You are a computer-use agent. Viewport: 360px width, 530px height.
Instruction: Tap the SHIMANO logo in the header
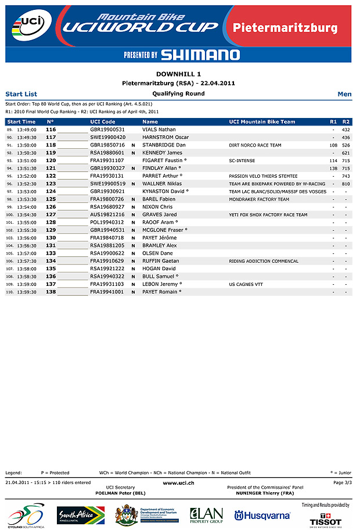(200, 55)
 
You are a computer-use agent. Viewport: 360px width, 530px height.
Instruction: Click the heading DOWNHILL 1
(179, 74)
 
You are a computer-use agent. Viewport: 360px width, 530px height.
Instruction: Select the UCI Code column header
(103, 122)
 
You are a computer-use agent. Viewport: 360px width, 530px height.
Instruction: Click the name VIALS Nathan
(159, 130)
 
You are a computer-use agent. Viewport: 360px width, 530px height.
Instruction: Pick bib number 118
(51, 145)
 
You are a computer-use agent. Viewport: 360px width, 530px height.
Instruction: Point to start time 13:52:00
(27, 176)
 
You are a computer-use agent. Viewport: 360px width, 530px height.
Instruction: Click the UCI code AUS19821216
(107, 215)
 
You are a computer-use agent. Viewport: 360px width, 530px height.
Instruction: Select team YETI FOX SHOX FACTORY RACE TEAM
(268, 215)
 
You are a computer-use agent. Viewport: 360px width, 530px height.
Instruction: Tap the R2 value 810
(346, 184)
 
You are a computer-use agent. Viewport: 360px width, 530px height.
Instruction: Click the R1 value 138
(333, 169)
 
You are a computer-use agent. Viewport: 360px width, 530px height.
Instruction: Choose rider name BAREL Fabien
(159, 199)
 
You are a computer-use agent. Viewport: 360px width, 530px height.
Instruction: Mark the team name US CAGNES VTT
(246, 285)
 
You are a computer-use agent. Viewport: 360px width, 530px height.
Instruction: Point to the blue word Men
(344, 94)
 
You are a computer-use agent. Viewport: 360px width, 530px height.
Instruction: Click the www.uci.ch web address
(179, 483)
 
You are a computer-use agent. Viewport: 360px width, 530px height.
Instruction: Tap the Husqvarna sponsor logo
(262, 515)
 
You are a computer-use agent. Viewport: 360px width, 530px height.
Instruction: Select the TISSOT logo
(326, 521)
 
